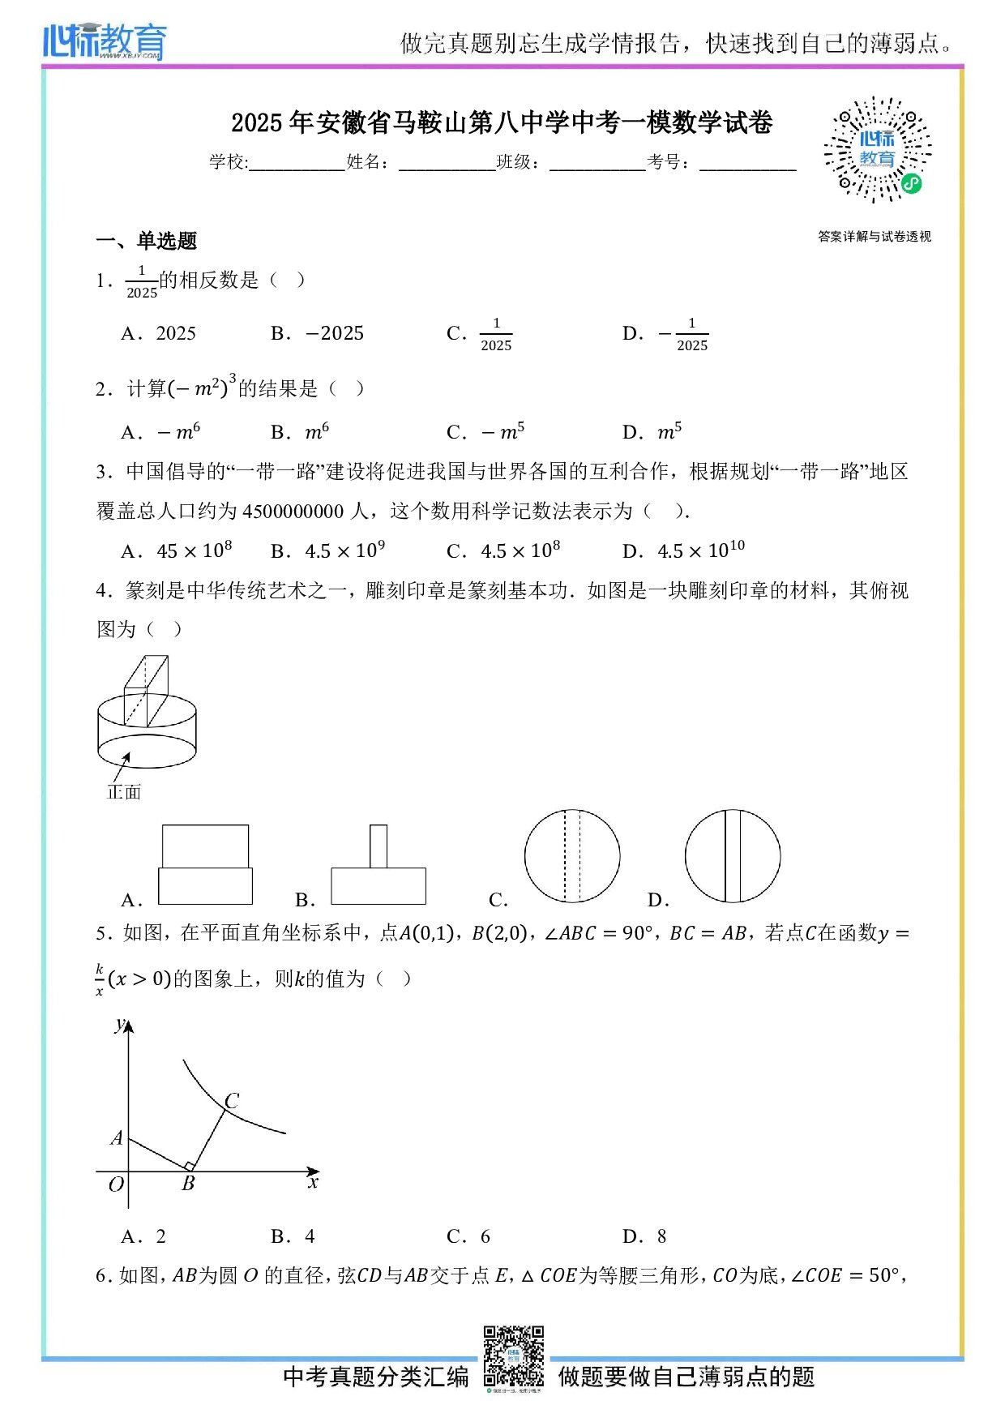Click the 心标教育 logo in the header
(x=105, y=41)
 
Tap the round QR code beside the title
(x=877, y=150)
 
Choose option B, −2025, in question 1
(x=318, y=333)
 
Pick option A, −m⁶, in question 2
(x=160, y=431)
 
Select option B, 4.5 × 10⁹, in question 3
(x=328, y=550)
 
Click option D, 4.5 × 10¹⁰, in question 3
(x=683, y=550)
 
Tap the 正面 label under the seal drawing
(x=124, y=792)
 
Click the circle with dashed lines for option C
(x=572, y=856)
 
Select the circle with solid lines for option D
(x=733, y=856)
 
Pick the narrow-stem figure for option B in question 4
(x=378, y=865)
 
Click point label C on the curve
(x=232, y=1100)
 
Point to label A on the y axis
(x=117, y=1137)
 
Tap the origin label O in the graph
(x=116, y=1184)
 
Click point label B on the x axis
(x=188, y=1184)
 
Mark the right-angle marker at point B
(x=190, y=1167)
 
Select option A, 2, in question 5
(x=143, y=1236)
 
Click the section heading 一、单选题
(x=147, y=241)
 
